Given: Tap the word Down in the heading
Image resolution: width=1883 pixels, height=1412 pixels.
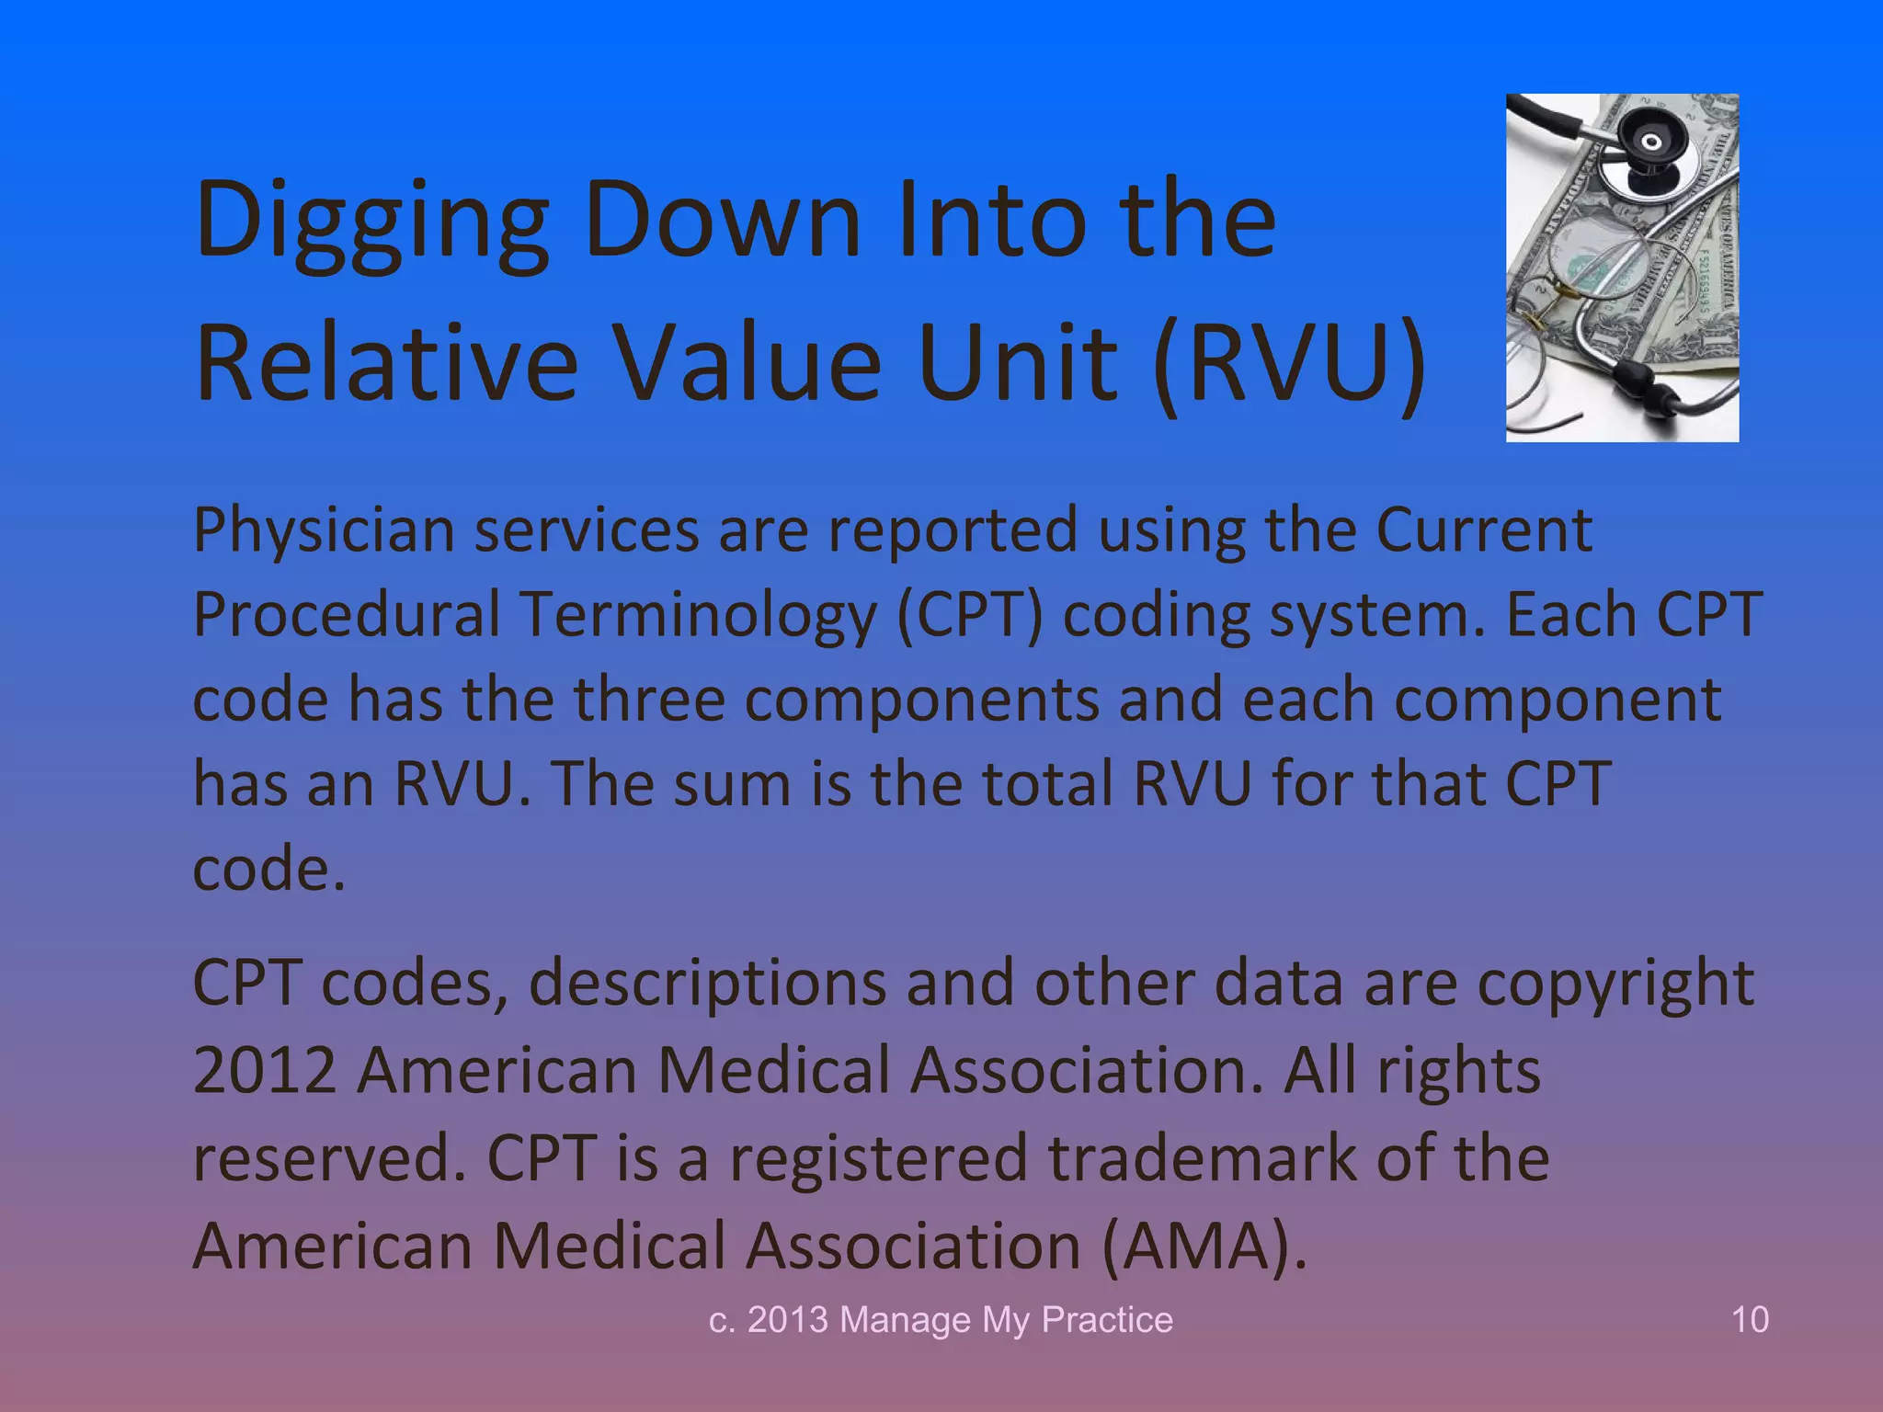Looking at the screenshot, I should pos(723,221).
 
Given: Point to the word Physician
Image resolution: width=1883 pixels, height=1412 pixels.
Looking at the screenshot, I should pos(324,531).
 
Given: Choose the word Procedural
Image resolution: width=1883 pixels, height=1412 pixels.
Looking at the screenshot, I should pos(346,615).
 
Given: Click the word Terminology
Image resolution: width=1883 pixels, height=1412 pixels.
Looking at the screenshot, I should pos(699,615).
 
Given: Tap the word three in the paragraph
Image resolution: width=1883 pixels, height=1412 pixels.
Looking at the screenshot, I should pos(649,700).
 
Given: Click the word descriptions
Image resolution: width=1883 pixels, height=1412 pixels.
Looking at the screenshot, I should pos(707,984).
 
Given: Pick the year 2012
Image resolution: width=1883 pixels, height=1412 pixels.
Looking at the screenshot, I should pos(265,1070).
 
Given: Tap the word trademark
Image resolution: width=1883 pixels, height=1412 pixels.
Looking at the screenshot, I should pos(1202,1158).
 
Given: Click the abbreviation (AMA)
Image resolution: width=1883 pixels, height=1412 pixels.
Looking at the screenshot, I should pos(1204,1247).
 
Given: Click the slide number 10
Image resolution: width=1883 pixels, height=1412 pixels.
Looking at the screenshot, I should pos(1750,1320).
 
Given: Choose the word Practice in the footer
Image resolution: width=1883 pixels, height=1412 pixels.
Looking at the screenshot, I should pos(1107,1320).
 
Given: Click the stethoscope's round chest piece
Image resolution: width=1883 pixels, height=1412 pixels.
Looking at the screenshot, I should pos(1651,142).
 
